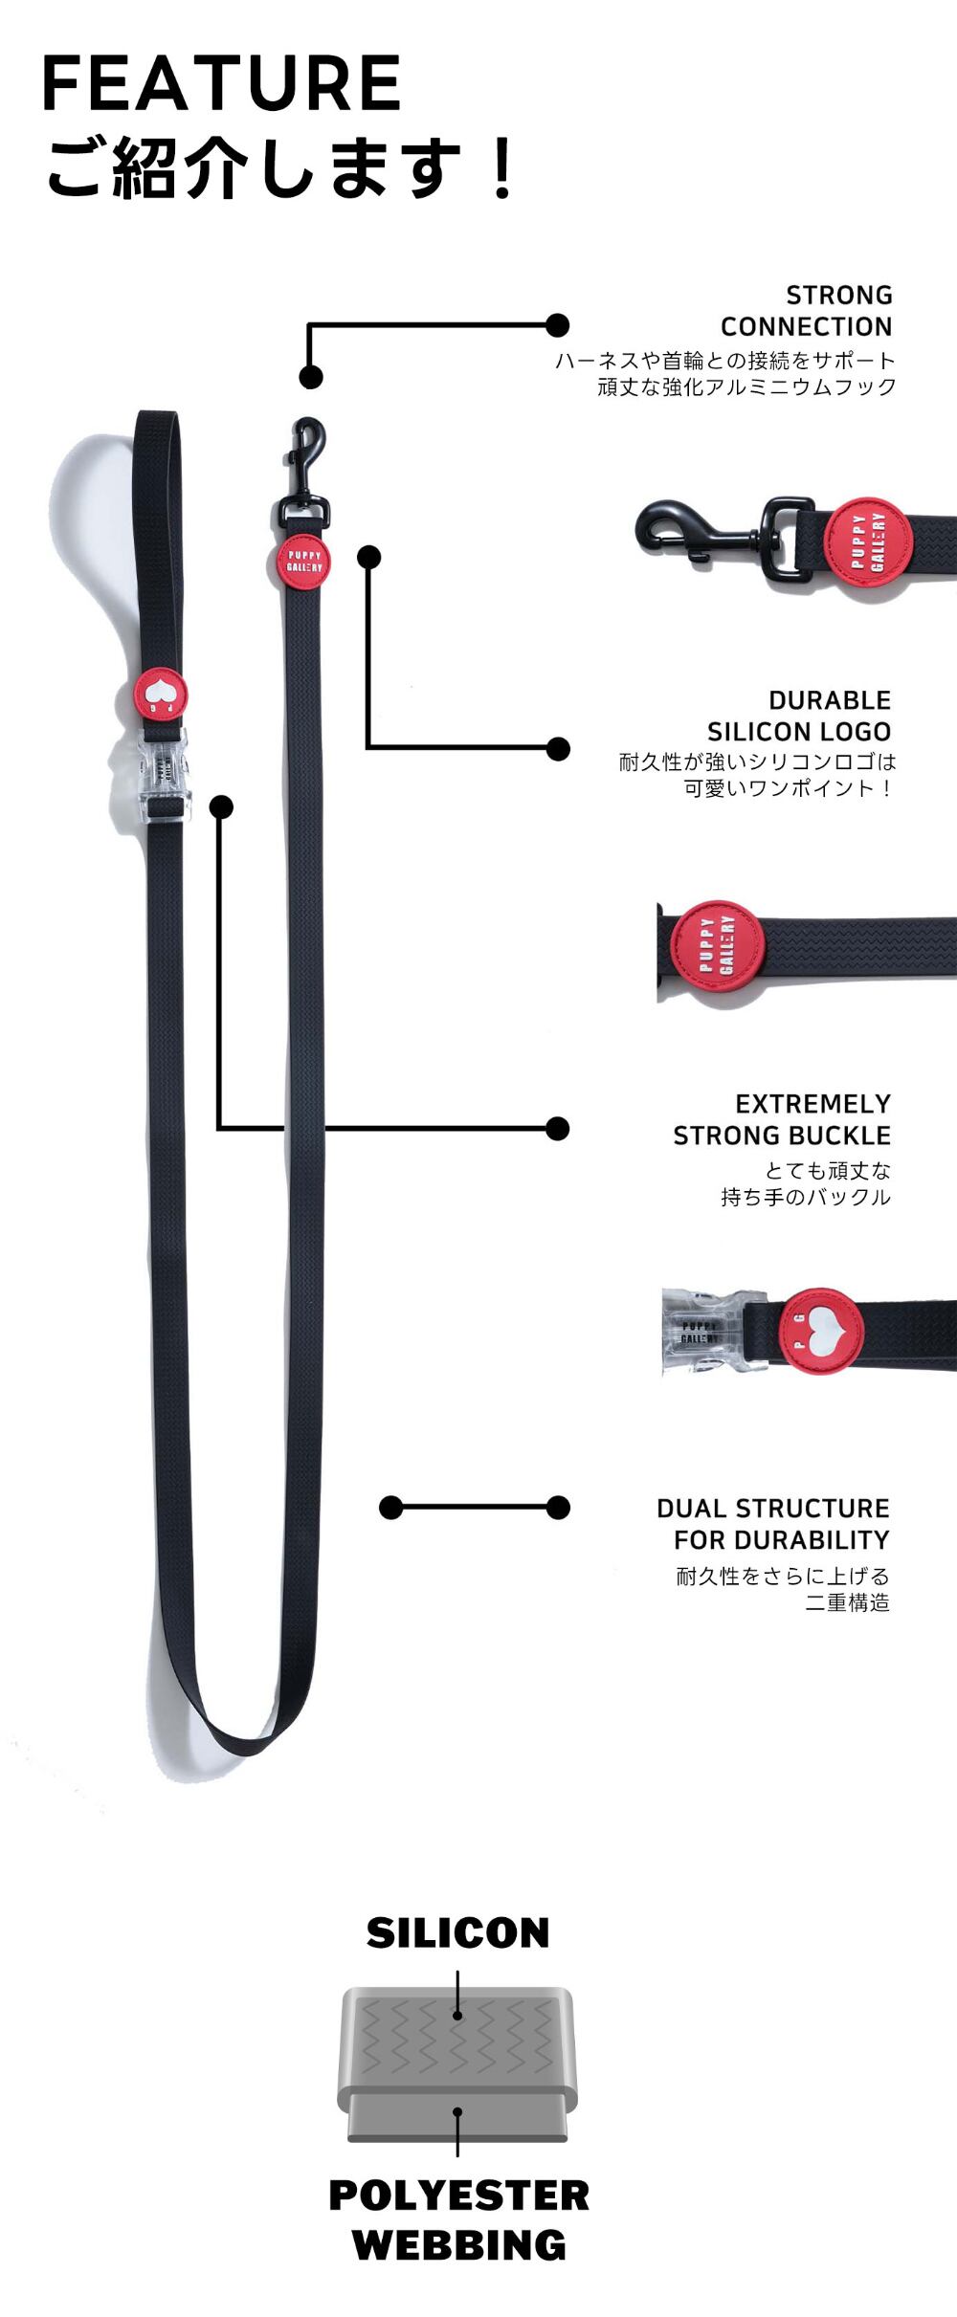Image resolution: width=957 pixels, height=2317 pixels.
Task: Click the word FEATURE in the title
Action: [x=221, y=84]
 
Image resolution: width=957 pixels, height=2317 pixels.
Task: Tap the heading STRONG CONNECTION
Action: [x=806, y=311]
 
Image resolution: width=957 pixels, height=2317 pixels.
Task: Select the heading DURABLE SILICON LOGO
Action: [x=799, y=716]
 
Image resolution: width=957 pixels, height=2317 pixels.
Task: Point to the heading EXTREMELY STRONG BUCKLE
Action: [x=782, y=1119]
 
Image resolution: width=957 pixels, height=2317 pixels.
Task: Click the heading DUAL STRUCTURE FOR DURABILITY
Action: [x=773, y=1524]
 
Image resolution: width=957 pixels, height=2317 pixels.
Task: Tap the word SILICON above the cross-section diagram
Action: [x=457, y=1933]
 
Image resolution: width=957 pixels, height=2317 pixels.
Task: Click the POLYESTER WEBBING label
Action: [x=458, y=2219]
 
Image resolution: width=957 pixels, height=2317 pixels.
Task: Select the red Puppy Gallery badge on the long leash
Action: [x=304, y=562]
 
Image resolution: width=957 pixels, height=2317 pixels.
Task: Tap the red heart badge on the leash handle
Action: [x=160, y=695]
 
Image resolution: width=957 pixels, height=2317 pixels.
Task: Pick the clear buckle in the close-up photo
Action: [x=702, y=1331]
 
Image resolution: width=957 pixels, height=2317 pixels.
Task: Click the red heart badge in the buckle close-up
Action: [x=818, y=1331]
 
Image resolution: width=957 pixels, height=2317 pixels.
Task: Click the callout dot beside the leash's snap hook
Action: [x=310, y=377]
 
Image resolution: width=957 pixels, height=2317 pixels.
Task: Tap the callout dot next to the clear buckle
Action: [x=221, y=807]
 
